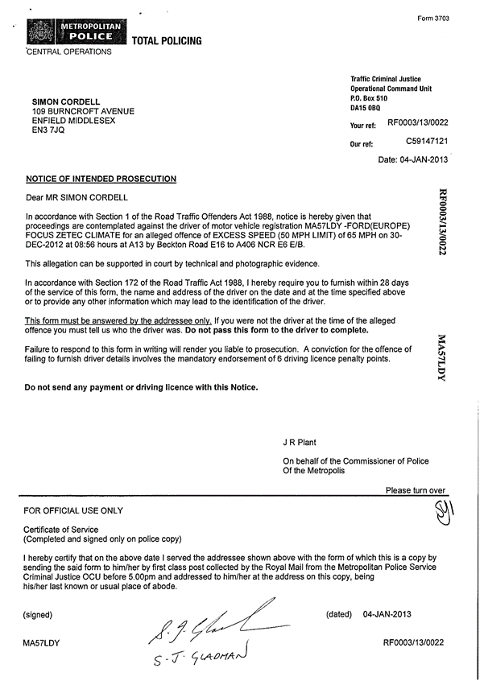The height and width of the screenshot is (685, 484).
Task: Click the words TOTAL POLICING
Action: coord(167,41)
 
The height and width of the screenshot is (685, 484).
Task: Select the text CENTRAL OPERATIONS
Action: coord(69,52)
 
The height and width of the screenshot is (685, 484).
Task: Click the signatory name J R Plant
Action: coord(302,443)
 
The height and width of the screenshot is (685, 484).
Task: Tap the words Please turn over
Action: coord(416,490)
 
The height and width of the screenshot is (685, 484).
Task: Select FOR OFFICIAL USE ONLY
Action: coord(73,510)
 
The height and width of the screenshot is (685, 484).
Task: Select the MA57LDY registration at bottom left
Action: coord(43,644)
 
